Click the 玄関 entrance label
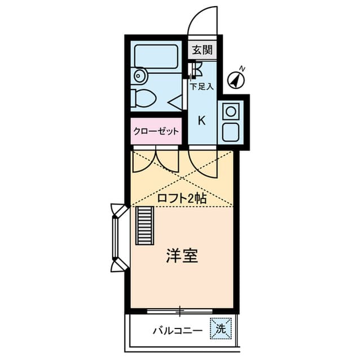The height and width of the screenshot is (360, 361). pos(202,49)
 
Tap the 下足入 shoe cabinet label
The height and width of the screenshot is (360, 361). pos(201,87)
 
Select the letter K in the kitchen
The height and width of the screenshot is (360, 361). pos(201,120)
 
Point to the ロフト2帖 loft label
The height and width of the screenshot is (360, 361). pos(181,198)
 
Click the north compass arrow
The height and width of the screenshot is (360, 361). pos(237,78)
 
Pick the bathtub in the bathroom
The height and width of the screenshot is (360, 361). pos(156,57)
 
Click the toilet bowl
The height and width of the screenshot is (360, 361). pos(143,99)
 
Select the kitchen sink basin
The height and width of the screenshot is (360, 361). pos(231,133)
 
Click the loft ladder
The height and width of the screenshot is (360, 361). pos(144,225)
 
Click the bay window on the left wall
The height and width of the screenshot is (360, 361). pos(117,237)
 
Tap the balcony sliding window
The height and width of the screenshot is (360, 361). pos(180,310)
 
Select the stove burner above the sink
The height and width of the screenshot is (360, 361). pos(230,112)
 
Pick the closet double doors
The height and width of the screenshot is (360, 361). pos(156,160)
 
